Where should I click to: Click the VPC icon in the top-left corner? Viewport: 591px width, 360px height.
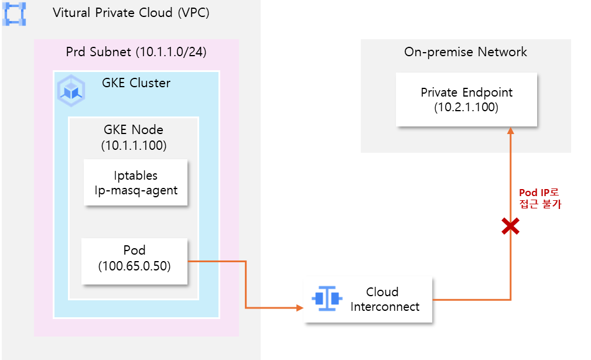coord(14,13)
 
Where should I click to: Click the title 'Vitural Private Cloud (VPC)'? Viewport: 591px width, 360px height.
coord(131,13)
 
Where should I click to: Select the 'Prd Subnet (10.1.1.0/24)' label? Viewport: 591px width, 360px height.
coord(136,52)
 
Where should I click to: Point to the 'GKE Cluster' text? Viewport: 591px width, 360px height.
coord(136,83)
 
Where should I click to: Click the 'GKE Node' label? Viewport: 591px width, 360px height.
coord(134,130)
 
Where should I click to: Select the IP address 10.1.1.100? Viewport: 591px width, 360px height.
coord(134,145)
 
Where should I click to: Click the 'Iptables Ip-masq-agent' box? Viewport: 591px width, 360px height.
coord(135,182)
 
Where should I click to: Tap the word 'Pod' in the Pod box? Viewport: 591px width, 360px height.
coord(135,251)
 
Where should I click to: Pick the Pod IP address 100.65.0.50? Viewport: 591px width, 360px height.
coord(135,266)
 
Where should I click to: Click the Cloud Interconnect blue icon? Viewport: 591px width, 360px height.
coord(327,299)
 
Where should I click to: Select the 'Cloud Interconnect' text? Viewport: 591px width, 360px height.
coord(384,299)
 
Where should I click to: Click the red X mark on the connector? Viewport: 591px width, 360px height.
coord(510,227)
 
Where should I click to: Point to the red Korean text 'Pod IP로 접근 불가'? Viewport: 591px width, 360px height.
coord(540,198)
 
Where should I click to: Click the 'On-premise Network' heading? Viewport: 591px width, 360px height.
coord(466,52)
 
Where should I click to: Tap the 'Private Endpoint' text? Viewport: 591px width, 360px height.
coord(466,92)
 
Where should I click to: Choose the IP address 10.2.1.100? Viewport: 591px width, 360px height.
coord(466,107)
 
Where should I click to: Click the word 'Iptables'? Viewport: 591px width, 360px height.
coord(135,175)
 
